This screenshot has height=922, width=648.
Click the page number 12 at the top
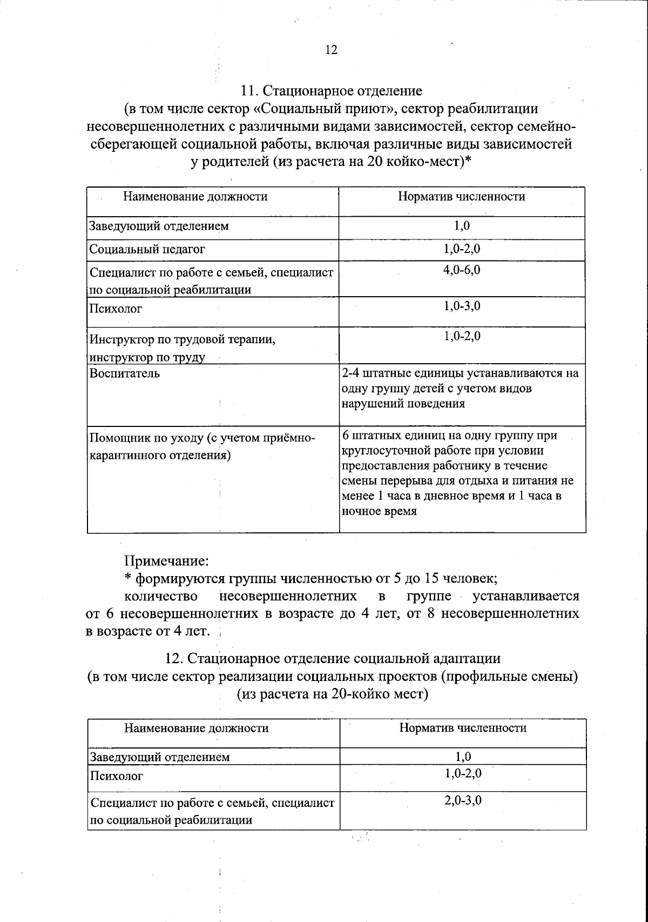pyautogui.click(x=332, y=50)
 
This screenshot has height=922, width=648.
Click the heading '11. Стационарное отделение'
pyautogui.click(x=332, y=90)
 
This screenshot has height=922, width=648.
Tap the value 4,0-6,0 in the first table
pyautogui.click(x=462, y=270)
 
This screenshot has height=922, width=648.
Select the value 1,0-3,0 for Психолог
pyautogui.click(x=462, y=306)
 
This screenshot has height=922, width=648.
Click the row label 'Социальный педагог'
pyautogui.click(x=147, y=250)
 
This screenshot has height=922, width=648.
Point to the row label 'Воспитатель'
pyautogui.click(x=125, y=373)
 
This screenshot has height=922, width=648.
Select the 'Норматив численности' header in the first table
pyautogui.click(x=461, y=197)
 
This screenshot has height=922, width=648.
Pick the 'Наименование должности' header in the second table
pyautogui.click(x=197, y=728)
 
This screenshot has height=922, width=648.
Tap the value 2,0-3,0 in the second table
pyautogui.click(x=463, y=800)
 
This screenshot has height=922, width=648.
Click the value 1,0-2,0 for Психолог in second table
pyautogui.click(x=463, y=773)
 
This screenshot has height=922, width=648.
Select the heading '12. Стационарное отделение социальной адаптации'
pyautogui.click(x=333, y=658)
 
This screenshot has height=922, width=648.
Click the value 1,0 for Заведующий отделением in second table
pyautogui.click(x=463, y=757)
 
